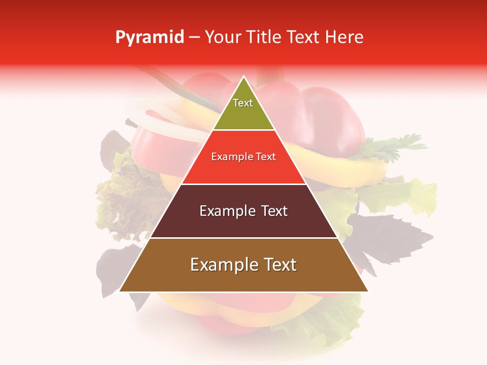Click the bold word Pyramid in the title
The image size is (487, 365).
[150, 38]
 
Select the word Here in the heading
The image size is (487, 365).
[345, 37]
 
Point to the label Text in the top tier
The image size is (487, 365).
[243, 103]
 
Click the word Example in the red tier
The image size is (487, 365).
[228, 157]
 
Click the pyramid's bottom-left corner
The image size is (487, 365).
[120, 291]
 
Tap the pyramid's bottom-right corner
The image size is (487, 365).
[368, 291]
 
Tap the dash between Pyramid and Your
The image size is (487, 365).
[194, 38]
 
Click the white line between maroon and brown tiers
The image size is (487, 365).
[243, 238]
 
